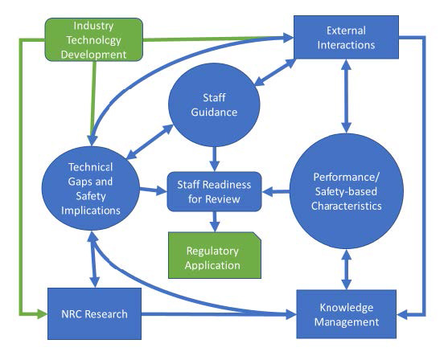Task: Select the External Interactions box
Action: click(346, 37)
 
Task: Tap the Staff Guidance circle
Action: click(214, 104)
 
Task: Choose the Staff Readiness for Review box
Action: click(214, 191)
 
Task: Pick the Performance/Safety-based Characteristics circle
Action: click(346, 191)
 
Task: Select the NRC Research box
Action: click(93, 313)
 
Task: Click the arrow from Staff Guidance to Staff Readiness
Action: click(214, 156)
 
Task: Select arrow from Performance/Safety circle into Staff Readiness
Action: click(278, 191)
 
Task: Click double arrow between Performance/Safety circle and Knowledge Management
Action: click(346, 268)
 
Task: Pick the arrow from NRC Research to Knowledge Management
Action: click(217, 313)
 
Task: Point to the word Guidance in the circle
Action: click(214, 112)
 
